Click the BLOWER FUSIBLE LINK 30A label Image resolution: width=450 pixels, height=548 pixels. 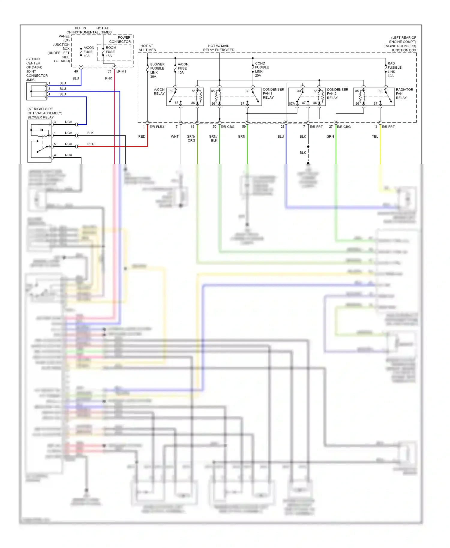(x=157, y=70)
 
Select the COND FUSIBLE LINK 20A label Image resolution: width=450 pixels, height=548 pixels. (x=262, y=70)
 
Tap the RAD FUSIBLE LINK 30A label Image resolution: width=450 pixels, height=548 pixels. (x=394, y=70)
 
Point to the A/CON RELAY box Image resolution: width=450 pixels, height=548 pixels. (x=185, y=97)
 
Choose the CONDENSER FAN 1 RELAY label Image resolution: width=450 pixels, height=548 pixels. (x=273, y=94)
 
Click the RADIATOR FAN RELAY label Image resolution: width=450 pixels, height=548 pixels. (x=404, y=94)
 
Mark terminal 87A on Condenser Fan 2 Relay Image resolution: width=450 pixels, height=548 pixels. (x=292, y=103)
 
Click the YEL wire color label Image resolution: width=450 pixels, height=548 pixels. (x=375, y=136)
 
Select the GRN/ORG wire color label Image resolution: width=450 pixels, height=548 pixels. (x=191, y=138)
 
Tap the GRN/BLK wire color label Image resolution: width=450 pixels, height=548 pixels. (x=213, y=138)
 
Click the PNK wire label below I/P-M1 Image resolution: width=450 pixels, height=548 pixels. (x=109, y=78)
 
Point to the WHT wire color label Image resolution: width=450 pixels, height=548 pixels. (x=175, y=136)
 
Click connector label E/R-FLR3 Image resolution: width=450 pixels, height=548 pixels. (x=157, y=127)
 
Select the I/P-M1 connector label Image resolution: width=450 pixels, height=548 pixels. (x=121, y=71)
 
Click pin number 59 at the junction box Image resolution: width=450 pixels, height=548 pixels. (x=244, y=127)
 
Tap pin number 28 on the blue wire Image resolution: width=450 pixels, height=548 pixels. (x=283, y=127)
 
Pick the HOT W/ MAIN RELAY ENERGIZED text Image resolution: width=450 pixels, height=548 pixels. (x=219, y=48)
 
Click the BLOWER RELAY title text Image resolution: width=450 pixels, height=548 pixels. (x=40, y=117)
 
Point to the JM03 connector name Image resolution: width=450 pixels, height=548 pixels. (x=30, y=80)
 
